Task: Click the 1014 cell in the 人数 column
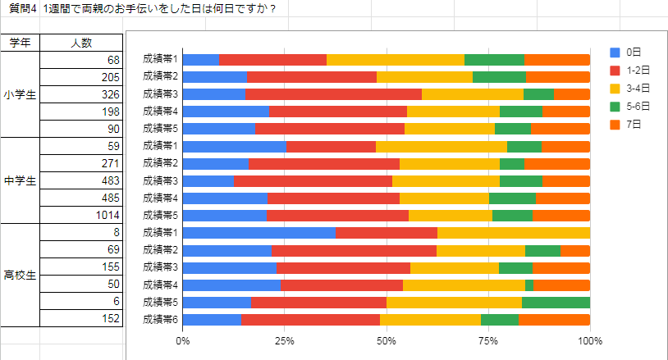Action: (x=81, y=215)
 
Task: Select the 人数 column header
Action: (x=81, y=43)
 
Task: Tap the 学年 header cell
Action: (x=20, y=43)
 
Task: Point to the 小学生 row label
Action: (x=20, y=94)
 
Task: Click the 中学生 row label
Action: (x=20, y=180)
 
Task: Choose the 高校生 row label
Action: (x=20, y=275)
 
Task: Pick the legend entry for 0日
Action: (x=631, y=52)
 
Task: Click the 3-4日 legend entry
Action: (x=637, y=89)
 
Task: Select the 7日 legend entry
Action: (x=631, y=125)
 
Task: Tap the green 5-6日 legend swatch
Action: (x=615, y=107)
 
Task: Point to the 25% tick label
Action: (x=285, y=339)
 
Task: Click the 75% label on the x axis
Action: (x=488, y=339)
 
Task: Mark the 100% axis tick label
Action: (x=589, y=339)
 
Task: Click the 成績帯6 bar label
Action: (x=160, y=319)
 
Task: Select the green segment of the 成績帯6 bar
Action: (x=499, y=319)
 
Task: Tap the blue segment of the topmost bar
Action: (x=201, y=59)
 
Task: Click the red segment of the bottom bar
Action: (x=310, y=319)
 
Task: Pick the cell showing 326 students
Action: (x=81, y=94)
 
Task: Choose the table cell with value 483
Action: (x=81, y=180)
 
